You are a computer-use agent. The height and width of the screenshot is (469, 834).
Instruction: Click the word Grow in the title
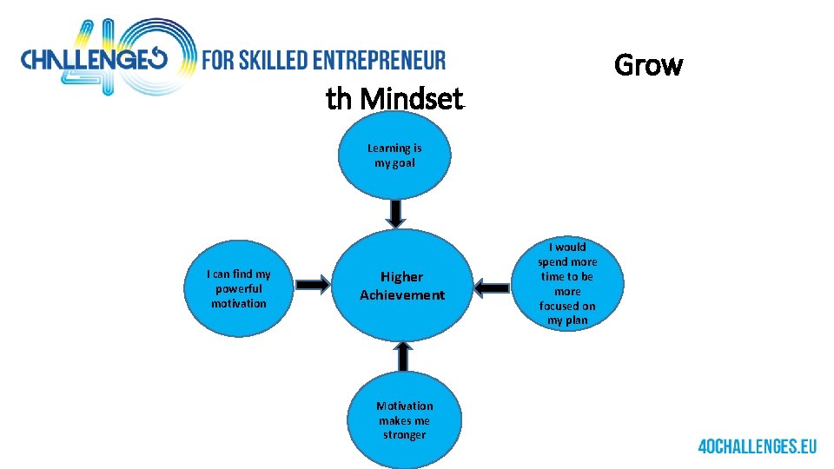(x=648, y=65)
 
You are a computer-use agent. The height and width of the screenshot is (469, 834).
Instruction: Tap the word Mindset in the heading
(x=411, y=100)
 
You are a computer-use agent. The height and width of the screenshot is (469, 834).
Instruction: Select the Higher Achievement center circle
(x=402, y=285)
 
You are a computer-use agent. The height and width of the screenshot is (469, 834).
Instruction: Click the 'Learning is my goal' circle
(x=394, y=156)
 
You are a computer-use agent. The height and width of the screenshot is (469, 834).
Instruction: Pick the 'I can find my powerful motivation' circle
(x=239, y=289)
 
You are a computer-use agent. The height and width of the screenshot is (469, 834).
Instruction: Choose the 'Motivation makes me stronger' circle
(x=404, y=419)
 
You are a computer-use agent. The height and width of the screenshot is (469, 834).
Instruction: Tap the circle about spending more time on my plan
(x=567, y=283)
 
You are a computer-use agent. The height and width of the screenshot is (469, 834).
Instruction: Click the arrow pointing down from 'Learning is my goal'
(x=395, y=213)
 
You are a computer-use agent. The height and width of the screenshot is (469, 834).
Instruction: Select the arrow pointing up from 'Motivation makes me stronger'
(x=403, y=355)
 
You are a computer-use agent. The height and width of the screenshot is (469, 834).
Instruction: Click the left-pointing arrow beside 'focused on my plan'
(x=494, y=287)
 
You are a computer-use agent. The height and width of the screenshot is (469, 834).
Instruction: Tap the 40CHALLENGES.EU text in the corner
(x=758, y=446)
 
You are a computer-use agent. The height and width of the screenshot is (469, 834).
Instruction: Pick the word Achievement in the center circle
(x=402, y=295)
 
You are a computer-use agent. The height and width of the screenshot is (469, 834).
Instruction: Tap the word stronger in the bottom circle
(x=404, y=434)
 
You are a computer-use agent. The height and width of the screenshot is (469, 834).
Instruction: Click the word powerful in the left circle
(x=239, y=289)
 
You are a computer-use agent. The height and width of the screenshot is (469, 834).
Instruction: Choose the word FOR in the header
(x=216, y=61)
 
